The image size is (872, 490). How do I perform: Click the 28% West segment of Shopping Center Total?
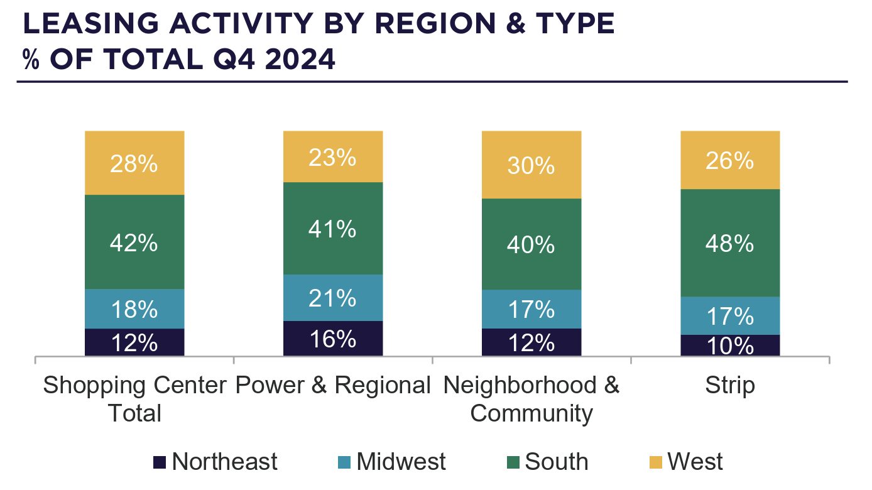coord(134,163)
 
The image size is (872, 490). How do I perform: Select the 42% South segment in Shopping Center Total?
coord(134,242)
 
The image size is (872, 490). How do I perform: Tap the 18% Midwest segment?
coord(134,308)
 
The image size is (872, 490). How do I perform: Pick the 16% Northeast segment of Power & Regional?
coord(333,339)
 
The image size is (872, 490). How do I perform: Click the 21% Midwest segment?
coord(333,298)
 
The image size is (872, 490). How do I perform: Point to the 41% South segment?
coord(333,229)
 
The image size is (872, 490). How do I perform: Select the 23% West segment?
coord(333,156)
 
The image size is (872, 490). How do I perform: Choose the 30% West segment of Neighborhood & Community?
coord(531,165)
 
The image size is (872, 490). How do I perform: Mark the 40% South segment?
coord(531,244)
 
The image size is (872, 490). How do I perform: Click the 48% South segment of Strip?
coord(730,242)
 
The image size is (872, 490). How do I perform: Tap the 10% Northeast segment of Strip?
coord(730,346)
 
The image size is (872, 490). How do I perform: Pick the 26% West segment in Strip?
coord(730,160)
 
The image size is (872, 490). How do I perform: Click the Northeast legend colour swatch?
coord(160,462)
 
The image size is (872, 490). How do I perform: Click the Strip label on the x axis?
coord(730,385)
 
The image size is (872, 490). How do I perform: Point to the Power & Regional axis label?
coord(333,385)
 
